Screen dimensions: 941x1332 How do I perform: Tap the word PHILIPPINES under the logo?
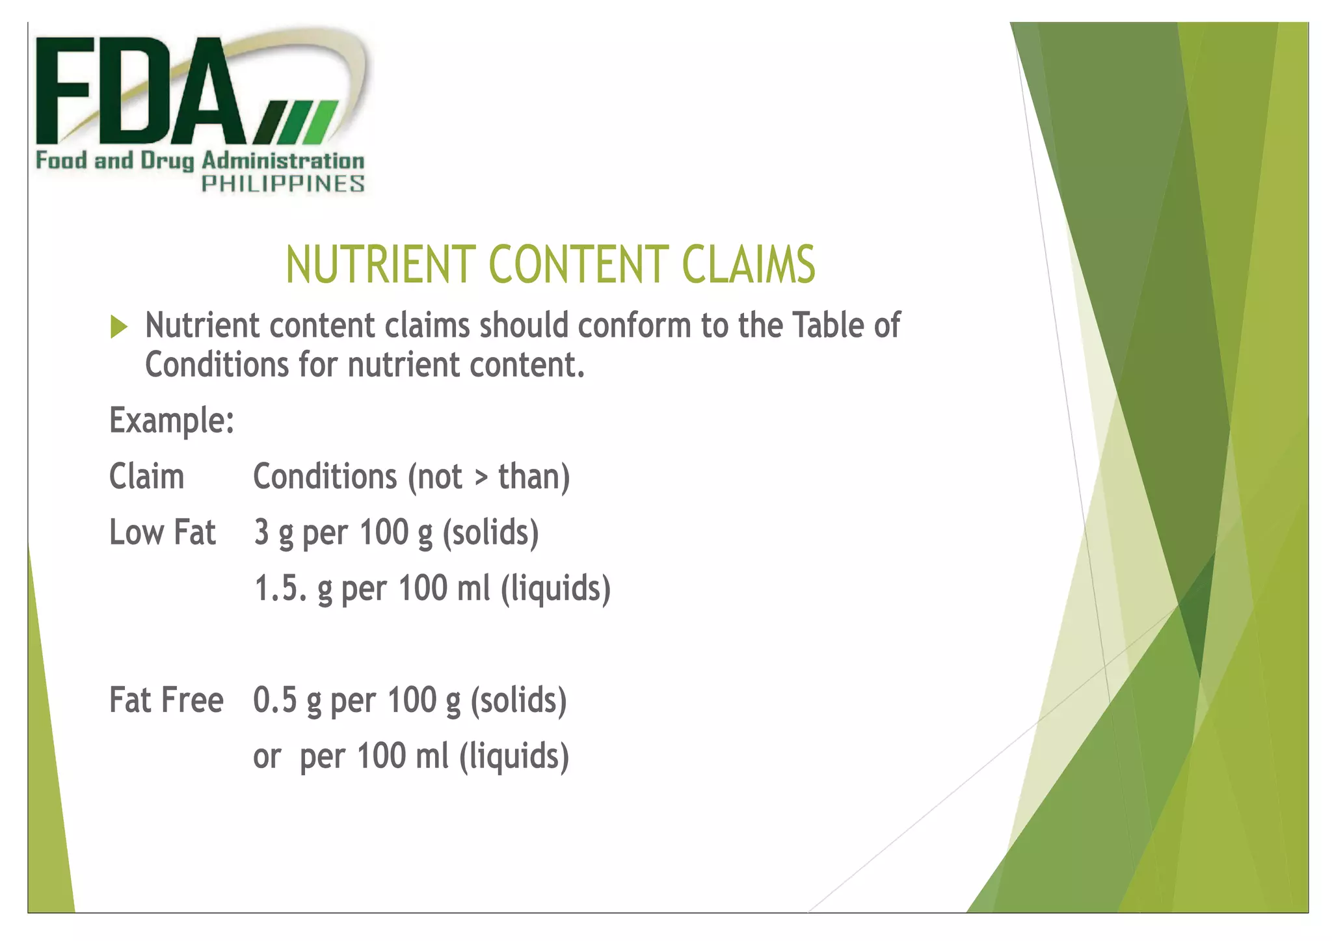point(282,184)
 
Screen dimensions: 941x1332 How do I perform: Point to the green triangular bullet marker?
point(118,326)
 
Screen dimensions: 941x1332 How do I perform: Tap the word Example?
point(172,421)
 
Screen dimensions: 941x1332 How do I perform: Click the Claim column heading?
point(146,477)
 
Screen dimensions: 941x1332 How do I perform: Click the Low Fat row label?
point(162,533)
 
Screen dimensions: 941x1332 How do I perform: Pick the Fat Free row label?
point(166,700)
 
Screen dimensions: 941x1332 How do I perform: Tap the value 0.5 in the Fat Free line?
point(275,700)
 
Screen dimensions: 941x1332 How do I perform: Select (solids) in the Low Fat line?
point(490,533)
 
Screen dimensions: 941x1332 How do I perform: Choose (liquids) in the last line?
point(514,756)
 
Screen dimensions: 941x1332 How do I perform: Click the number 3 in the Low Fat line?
point(261,533)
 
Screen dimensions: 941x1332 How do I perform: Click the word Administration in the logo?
point(283,161)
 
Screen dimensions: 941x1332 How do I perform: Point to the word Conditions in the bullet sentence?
point(216,365)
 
